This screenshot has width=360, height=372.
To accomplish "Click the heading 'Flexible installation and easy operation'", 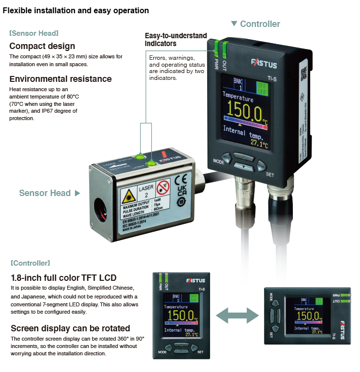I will point(76,10).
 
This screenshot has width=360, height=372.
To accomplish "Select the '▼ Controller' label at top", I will point(256,24).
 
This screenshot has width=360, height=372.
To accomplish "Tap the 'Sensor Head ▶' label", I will point(49,193).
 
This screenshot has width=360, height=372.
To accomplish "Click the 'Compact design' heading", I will point(42,46).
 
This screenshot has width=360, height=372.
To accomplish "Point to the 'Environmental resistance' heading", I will point(60,79).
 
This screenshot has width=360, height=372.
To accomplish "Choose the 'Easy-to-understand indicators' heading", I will point(176,40).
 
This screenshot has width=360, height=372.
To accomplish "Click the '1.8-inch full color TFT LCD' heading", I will point(63,278).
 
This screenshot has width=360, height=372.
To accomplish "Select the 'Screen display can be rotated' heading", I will point(70,328).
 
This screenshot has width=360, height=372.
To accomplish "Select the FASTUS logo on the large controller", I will point(264,64).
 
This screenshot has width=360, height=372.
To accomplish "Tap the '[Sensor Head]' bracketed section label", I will point(34,33).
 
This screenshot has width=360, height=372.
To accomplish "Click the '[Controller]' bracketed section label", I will point(30,263).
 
